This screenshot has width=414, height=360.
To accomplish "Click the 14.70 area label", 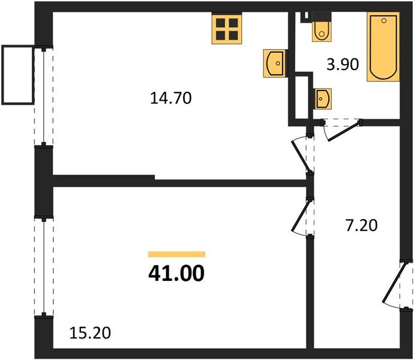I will pos(171,98).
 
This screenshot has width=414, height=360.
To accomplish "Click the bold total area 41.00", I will pos(176,274).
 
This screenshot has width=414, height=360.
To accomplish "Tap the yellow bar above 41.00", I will pos(176,254).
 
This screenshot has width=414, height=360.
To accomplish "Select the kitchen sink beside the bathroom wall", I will pos(274,62).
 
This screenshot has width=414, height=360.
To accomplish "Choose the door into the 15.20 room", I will pos(302,217).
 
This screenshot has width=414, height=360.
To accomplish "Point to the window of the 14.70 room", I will pos(43,96).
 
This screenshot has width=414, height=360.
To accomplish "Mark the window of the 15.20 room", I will pos(43,267).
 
